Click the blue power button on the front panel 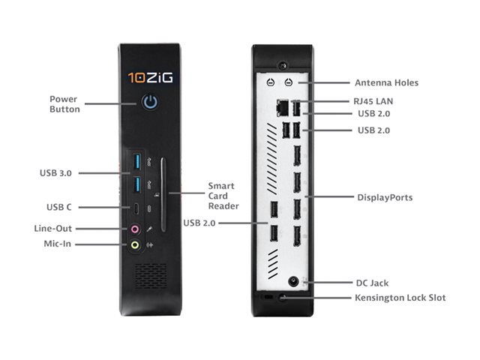[150, 102]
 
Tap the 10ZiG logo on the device [150, 78]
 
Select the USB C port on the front [136, 209]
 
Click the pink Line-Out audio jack [135, 229]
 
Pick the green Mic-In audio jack [135, 245]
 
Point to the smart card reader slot [163, 195]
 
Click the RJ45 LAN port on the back [282, 108]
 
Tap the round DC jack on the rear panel [293, 281]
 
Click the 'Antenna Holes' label [386, 82]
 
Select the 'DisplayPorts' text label [385, 197]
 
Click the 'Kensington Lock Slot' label [400, 298]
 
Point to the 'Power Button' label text [64, 104]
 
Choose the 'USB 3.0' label [55, 173]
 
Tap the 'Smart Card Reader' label [223, 196]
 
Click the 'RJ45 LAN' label [373, 101]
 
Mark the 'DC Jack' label [372, 283]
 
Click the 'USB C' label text [58, 207]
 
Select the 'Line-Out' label [53, 228]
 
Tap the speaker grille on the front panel [151, 276]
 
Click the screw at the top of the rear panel [282, 65]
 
